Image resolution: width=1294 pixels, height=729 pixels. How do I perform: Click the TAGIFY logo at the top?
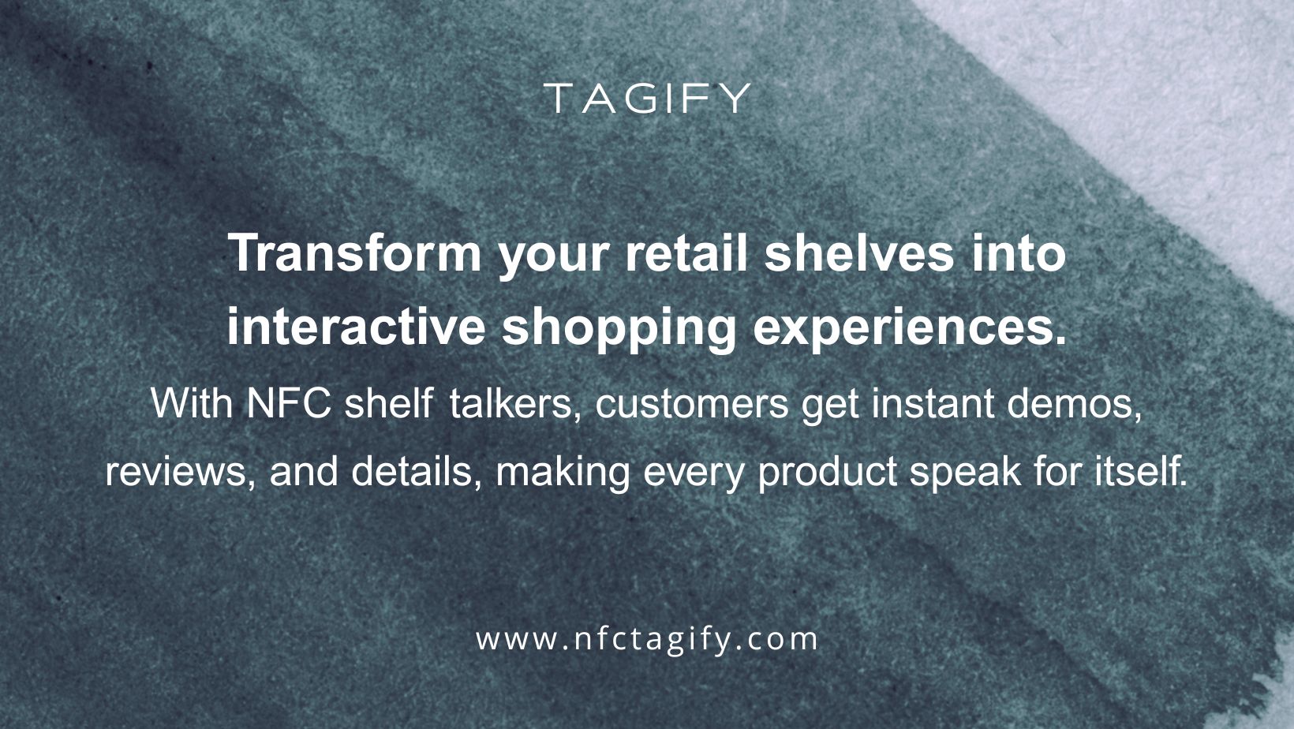[x=647, y=99]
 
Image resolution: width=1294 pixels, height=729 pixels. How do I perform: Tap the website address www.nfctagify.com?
[x=647, y=639]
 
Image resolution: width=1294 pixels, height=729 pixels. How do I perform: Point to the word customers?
[x=692, y=404]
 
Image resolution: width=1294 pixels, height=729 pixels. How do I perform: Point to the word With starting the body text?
[x=191, y=404]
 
